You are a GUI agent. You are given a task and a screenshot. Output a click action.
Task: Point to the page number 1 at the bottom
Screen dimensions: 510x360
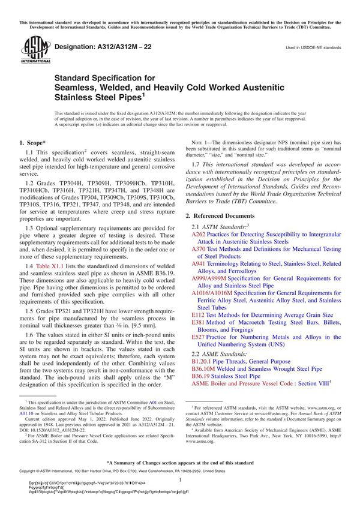click(x=179, y=479)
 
